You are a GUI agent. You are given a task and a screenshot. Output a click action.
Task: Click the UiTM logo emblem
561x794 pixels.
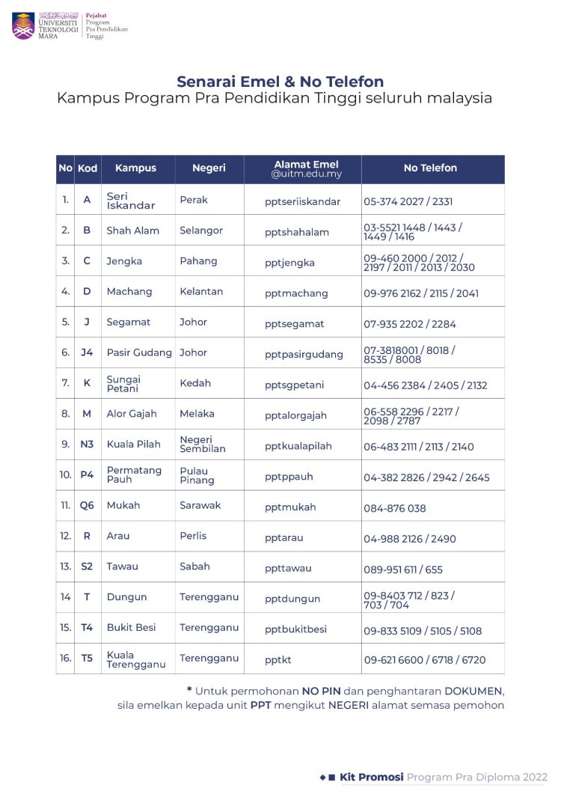coord(23,25)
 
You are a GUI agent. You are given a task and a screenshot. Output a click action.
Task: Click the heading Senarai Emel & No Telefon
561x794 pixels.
coord(280,82)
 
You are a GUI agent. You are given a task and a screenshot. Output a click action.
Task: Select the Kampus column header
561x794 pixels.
coord(135,168)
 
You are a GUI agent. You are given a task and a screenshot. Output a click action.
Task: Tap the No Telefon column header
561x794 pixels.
coord(430,168)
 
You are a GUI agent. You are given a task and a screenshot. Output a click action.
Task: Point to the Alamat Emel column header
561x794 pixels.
coord(306,168)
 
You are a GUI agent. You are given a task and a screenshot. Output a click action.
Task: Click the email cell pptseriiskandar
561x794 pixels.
coord(302,201)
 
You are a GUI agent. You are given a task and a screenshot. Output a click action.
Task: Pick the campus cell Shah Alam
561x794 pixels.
coord(133,230)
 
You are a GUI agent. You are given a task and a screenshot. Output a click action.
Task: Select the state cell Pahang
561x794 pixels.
coord(198,261)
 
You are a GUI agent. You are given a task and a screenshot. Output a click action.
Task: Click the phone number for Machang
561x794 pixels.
coord(421,293)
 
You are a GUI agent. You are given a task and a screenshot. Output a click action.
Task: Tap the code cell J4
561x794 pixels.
coord(87,352)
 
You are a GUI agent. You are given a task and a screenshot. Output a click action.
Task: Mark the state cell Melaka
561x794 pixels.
coord(197,413)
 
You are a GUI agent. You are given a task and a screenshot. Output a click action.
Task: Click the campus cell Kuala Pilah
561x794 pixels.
coord(134,444)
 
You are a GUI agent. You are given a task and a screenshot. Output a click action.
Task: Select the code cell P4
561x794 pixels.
coord(87,474)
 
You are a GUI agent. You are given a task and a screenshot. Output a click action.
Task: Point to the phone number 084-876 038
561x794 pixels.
coord(395,508)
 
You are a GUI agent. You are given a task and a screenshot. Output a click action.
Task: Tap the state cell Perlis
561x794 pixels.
coord(193,536)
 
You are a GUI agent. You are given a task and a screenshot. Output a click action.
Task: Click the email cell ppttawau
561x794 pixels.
coord(288,569)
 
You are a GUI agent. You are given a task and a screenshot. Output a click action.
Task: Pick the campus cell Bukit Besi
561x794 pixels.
coord(132,627)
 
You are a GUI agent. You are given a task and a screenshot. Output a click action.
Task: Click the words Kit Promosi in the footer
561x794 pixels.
coord(372,777)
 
